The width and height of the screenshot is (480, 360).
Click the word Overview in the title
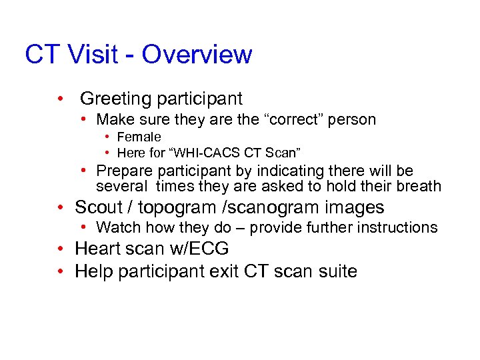coord(197,55)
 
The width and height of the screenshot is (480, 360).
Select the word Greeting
coord(115,99)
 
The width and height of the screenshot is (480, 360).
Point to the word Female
coord(139,137)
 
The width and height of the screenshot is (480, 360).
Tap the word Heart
coord(98,249)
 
